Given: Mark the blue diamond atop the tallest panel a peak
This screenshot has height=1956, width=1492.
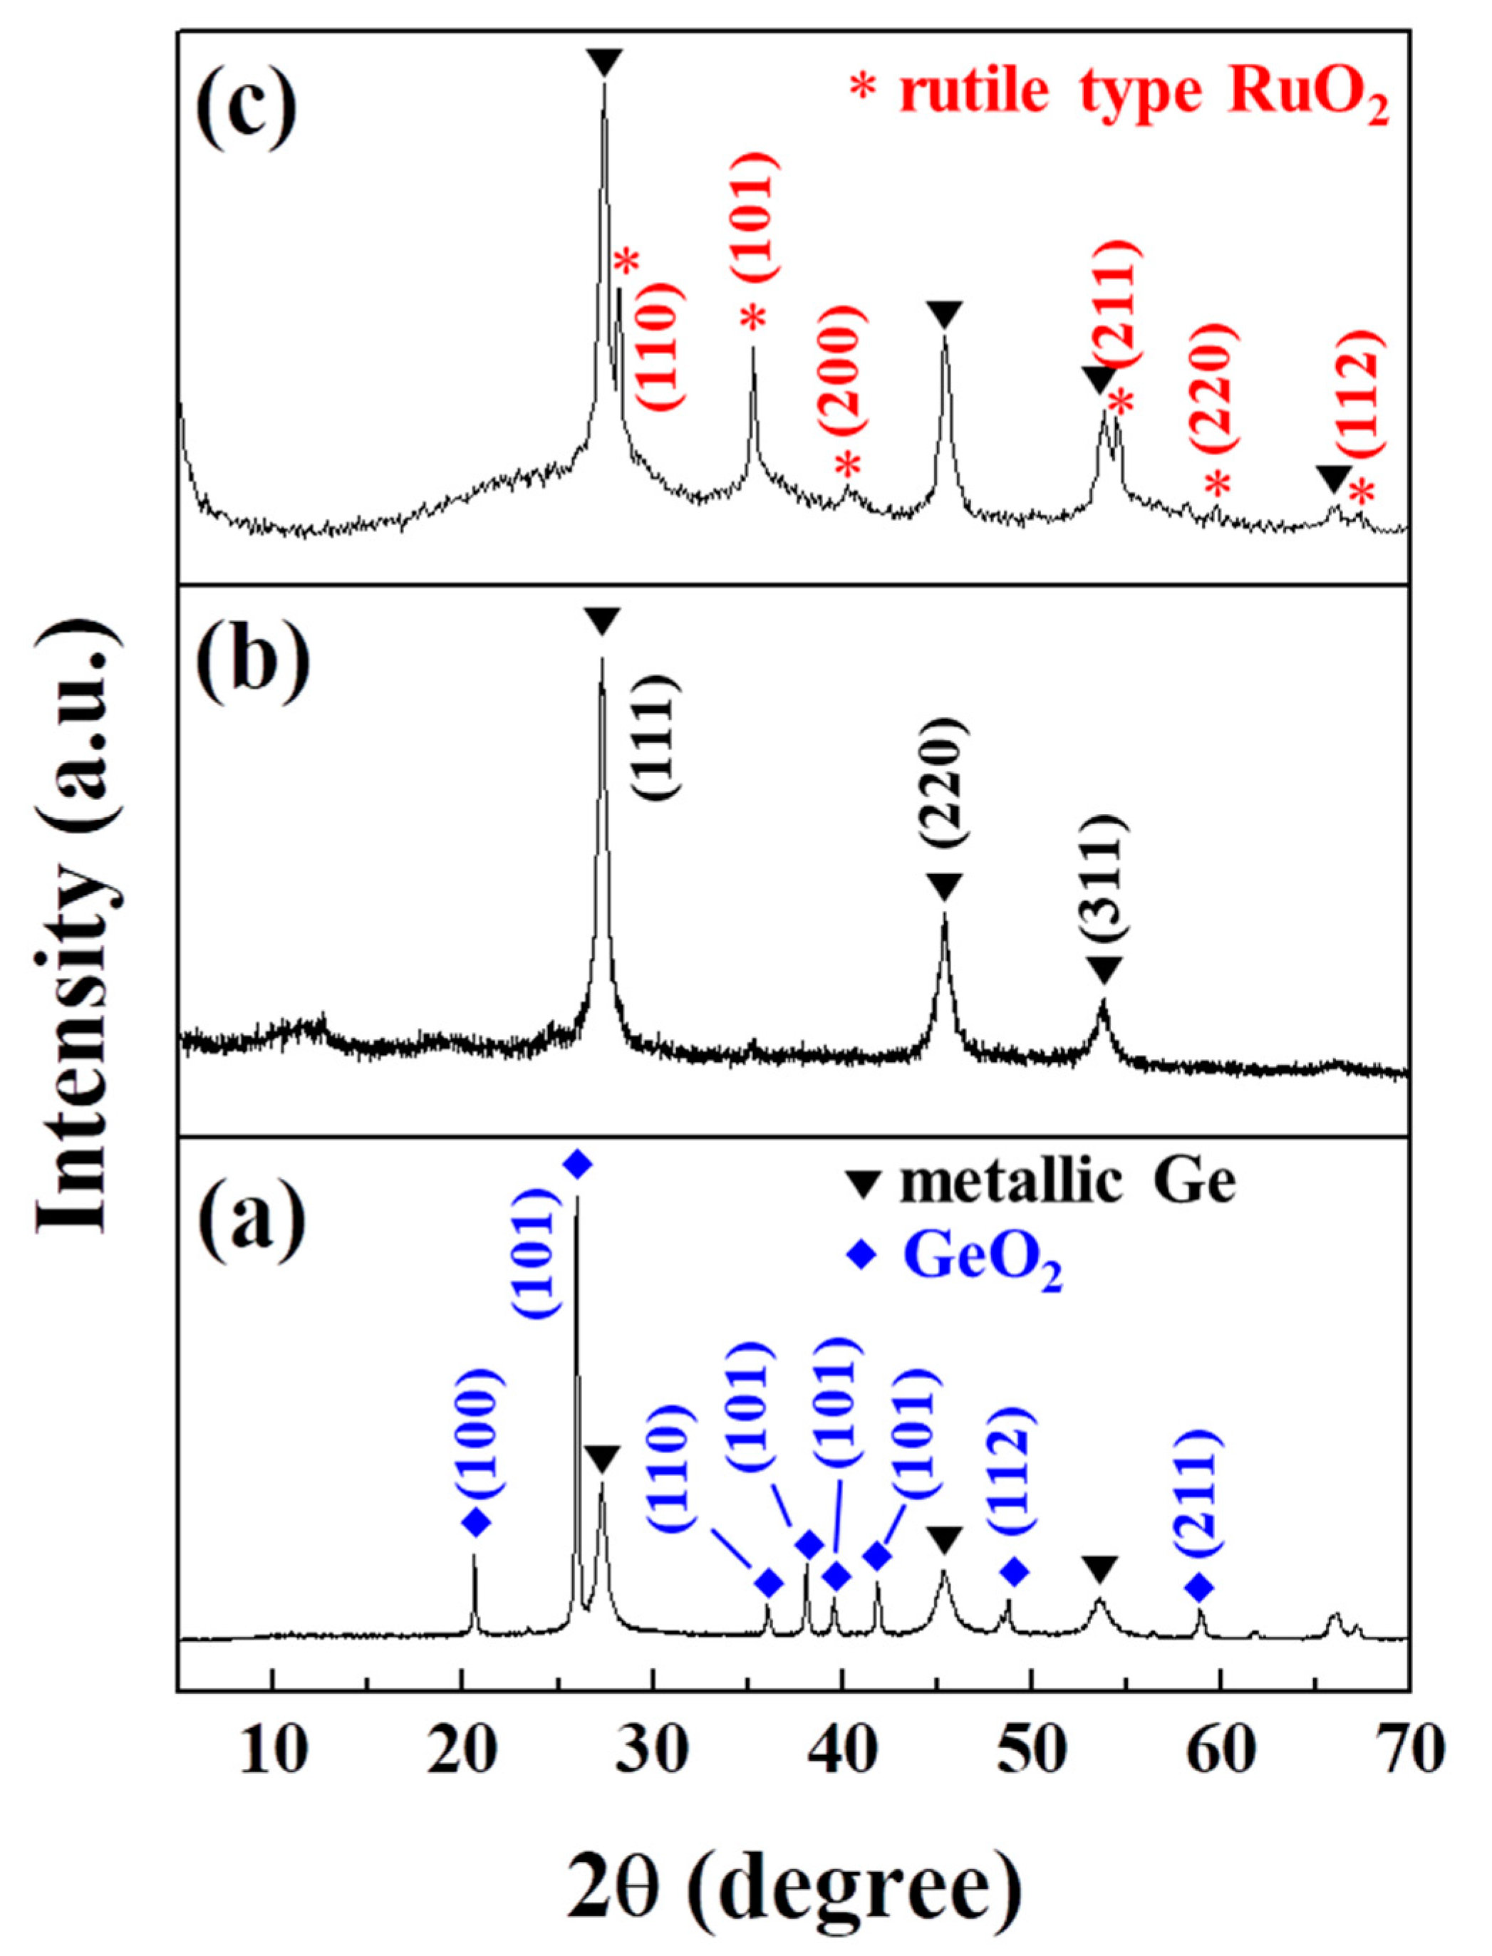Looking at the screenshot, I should click(x=577, y=1162).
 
